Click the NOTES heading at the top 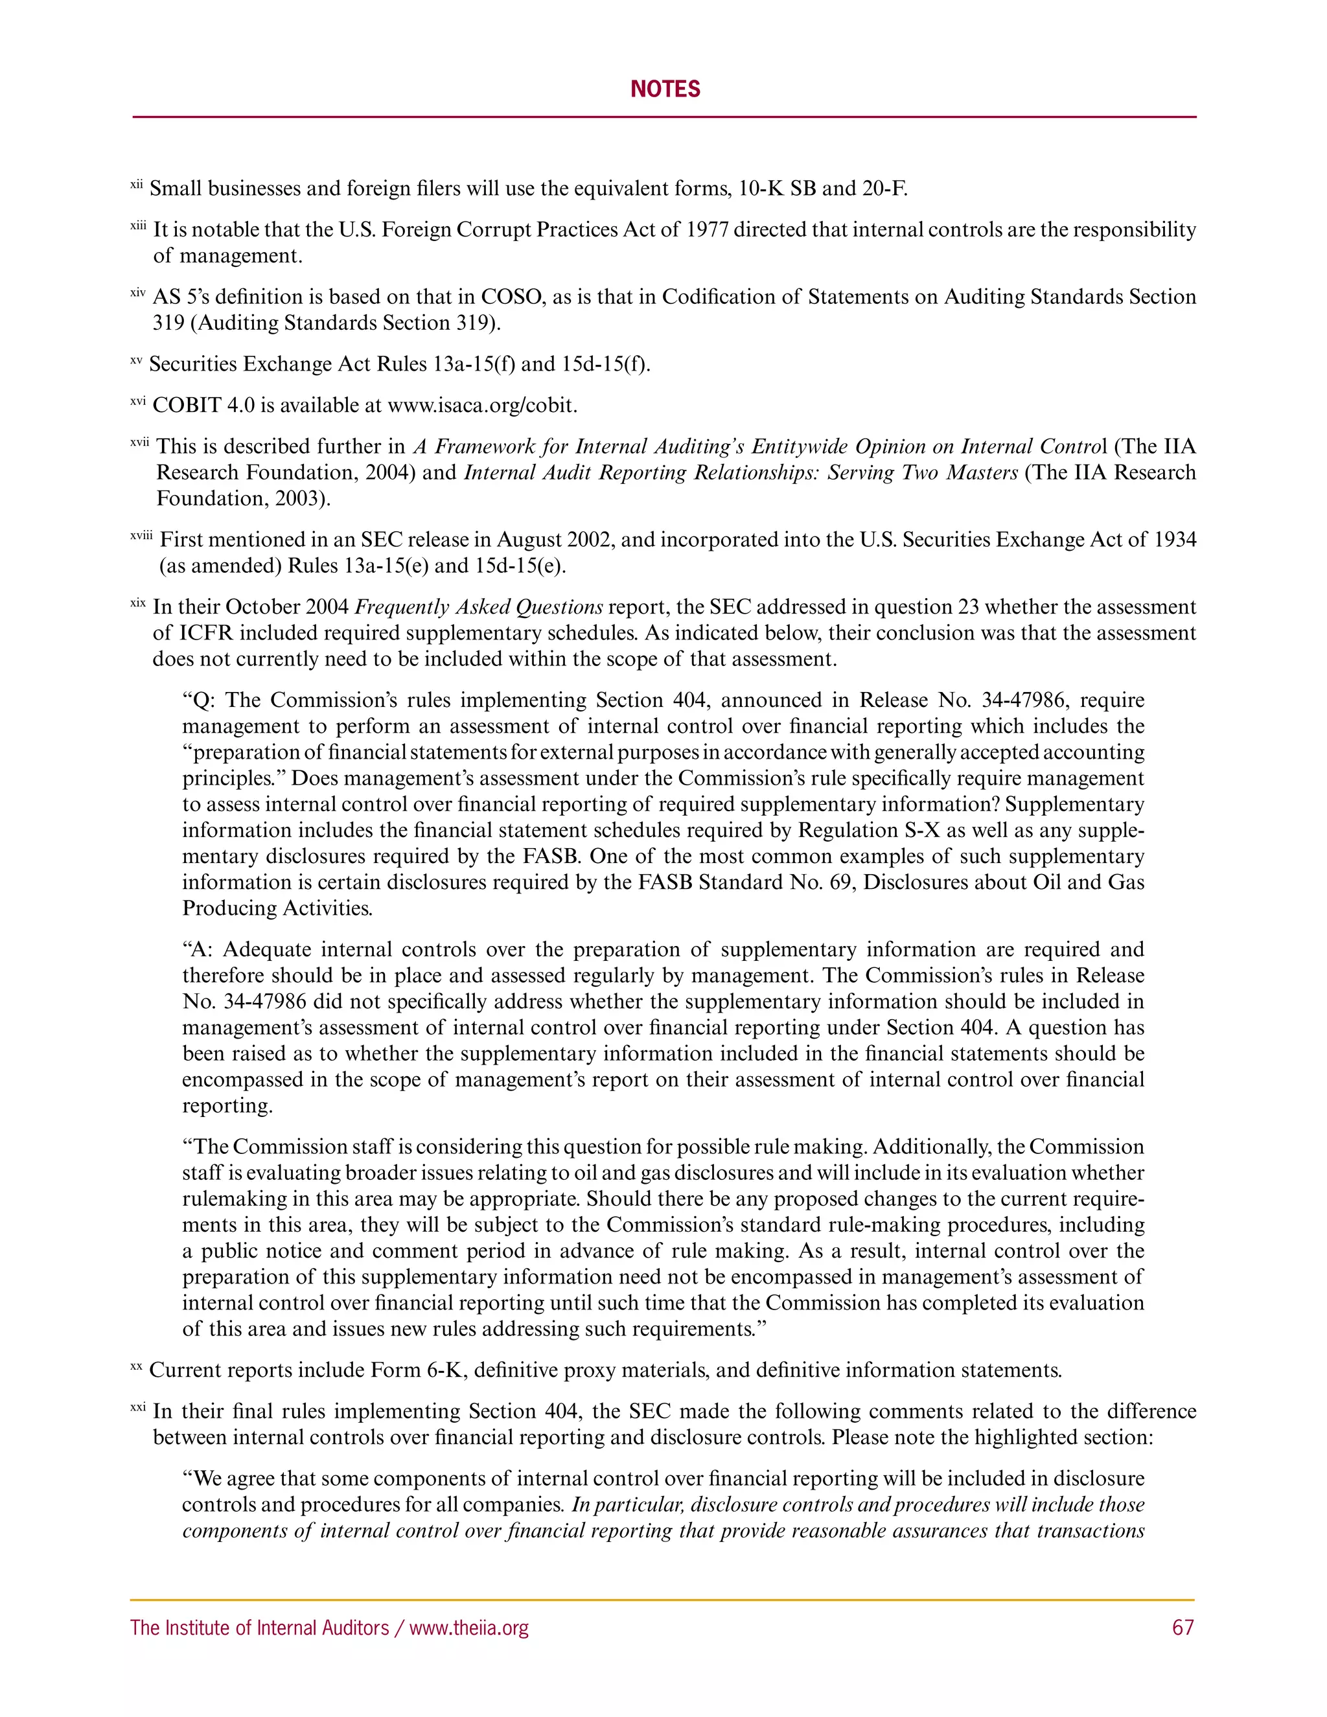[664, 89]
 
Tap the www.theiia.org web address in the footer [469, 1628]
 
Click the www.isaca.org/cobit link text [483, 406]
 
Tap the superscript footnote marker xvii [140, 443]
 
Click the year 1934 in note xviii [1175, 540]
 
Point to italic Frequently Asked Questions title [479, 607]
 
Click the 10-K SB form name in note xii [777, 189]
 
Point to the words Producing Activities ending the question [277, 908]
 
